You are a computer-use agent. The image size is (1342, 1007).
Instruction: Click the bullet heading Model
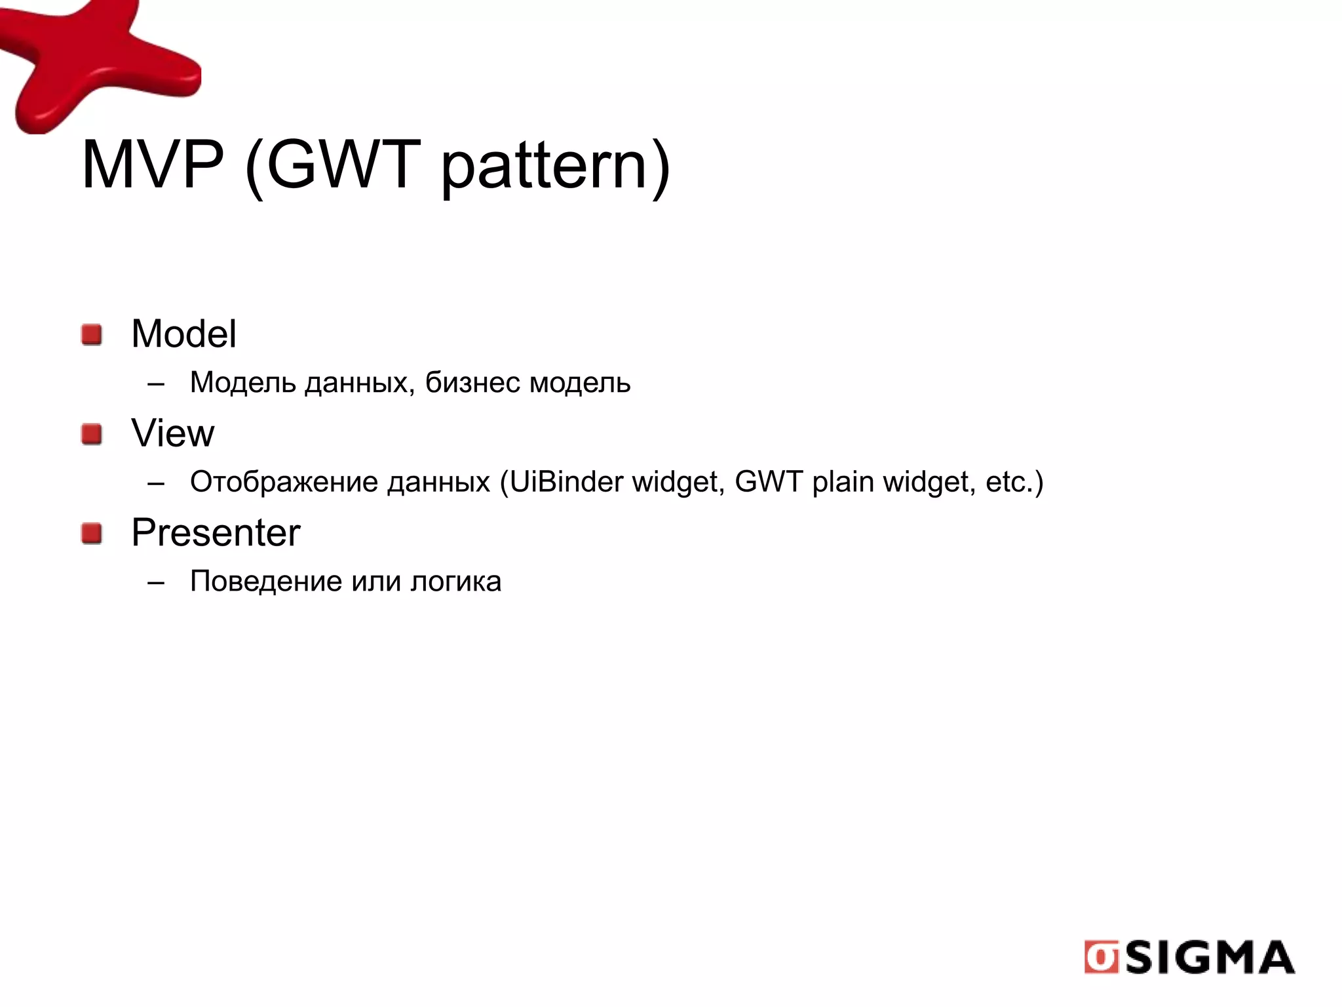(x=183, y=334)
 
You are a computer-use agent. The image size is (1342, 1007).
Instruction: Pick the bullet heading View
(x=172, y=433)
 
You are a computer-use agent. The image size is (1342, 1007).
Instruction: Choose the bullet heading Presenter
(x=216, y=532)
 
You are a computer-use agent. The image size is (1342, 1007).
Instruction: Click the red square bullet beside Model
(x=92, y=334)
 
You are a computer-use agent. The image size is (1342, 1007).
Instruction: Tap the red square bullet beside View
(x=92, y=434)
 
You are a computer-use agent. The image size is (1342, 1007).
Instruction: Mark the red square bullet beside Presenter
(x=92, y=533)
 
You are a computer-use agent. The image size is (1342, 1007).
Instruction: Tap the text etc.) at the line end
(x=1014, y=482)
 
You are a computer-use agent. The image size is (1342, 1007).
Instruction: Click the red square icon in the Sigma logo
(x=1101, y=957)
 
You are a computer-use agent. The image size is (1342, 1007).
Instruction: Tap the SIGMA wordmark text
(x=1210, y=958)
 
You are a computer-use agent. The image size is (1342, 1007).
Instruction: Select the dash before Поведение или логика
(x=156, y=582)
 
